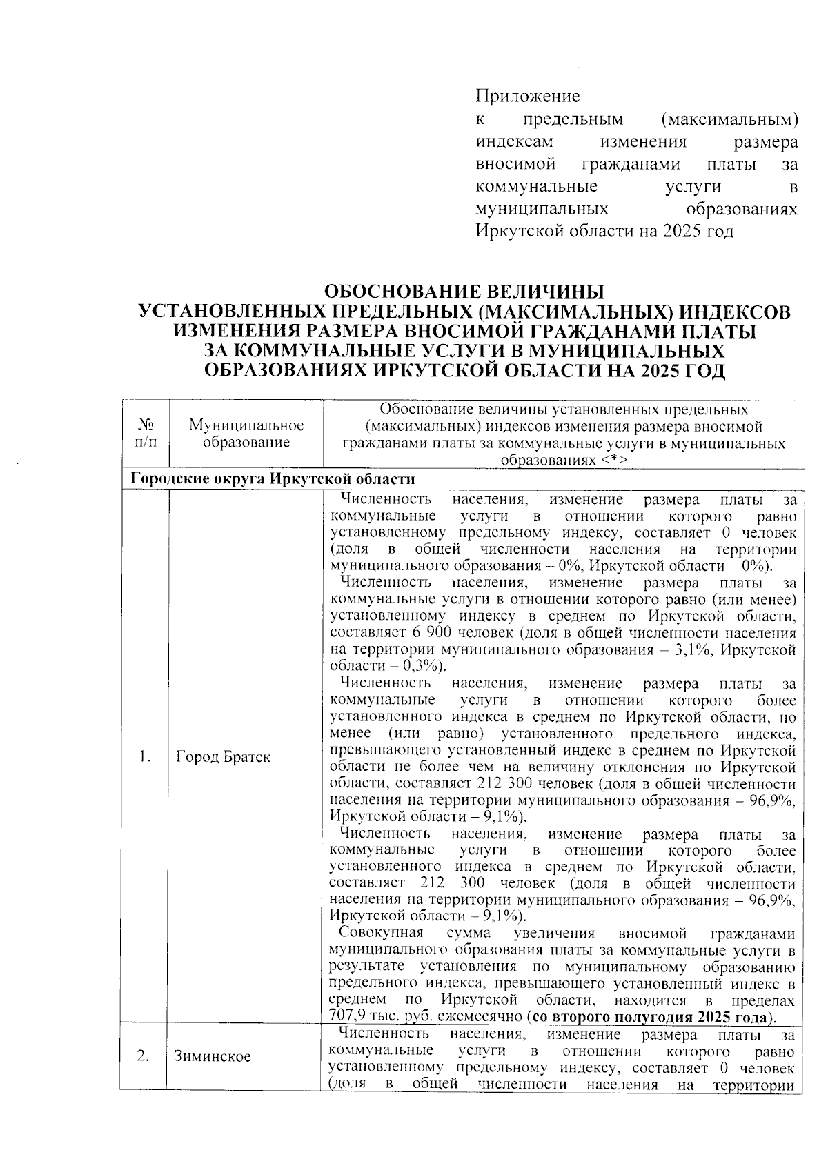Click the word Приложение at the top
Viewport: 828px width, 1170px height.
[528, 96]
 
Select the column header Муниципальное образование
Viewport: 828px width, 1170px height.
[246, 434]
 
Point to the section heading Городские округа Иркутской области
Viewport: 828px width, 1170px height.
[273, 479]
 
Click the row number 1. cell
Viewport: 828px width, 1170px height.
[145, 757]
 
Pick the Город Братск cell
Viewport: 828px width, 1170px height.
[223, 757]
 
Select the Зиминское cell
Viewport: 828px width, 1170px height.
[213, 1056]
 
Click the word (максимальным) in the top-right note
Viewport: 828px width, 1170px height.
[729, 119]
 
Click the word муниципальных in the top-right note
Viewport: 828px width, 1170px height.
[542, 208]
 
